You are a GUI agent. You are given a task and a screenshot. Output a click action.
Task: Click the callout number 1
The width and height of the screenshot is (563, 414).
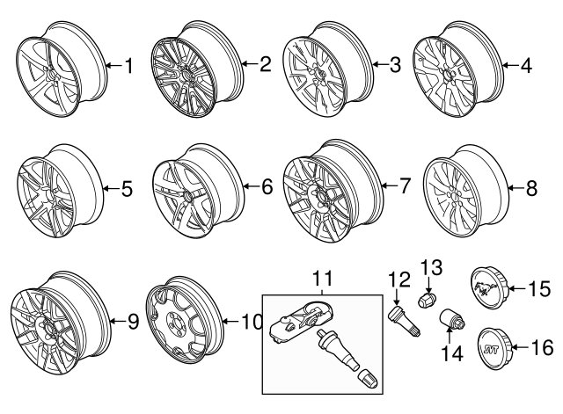point(128,66)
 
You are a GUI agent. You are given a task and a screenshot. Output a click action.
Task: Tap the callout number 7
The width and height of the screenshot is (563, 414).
point(404,185)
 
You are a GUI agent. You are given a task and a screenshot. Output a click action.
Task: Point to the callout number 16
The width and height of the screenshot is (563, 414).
point(542,347)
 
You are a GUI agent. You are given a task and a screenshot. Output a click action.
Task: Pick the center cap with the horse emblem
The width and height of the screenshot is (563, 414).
point(489,288)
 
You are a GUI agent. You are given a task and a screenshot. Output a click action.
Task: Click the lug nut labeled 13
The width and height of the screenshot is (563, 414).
point(428,299)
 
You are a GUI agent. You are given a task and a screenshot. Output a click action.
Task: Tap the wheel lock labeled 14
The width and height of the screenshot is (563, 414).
point(452,318)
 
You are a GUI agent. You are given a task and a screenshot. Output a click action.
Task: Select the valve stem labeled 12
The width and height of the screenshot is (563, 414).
point(405,320)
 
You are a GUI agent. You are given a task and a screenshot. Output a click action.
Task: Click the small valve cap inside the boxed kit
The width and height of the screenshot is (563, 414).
point(368,378)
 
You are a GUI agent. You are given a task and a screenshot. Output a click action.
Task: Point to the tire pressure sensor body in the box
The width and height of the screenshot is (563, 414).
point(302,321)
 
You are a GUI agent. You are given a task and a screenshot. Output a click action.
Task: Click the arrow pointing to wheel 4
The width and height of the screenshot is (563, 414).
point(510,65)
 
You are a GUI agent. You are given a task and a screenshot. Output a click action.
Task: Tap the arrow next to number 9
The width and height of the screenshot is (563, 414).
point(117,321)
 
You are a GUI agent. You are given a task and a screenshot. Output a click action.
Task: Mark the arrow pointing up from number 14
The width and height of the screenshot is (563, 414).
point(449,336)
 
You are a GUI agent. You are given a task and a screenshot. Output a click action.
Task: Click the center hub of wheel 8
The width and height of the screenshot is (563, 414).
point(454,198)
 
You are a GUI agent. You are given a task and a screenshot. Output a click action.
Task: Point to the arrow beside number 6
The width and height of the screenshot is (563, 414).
point(252,185)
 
